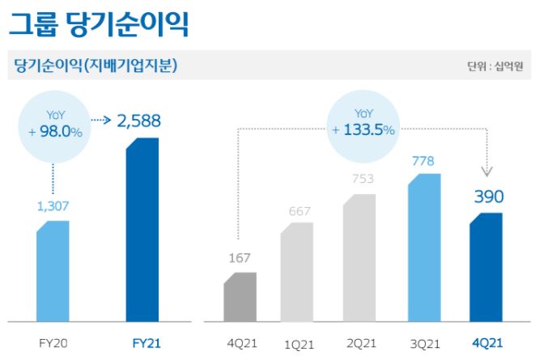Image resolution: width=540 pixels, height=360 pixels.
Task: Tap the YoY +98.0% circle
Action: point(53,125)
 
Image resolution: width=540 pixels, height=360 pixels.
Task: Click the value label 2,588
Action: point(138,121)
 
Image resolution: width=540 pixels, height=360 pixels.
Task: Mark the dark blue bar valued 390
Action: point(486,267)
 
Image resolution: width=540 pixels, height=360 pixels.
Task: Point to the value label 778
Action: point(422,162)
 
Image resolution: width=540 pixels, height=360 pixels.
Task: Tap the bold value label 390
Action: point(487,197)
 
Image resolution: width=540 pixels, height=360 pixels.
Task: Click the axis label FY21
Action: point(147,344)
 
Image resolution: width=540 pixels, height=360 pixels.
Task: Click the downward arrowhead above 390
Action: point(487,171)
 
